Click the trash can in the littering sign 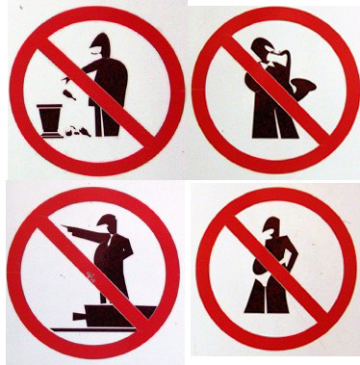(x=51, y=119)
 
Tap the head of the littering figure (x=100, y=43)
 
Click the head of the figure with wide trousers (x=272, y=228)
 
